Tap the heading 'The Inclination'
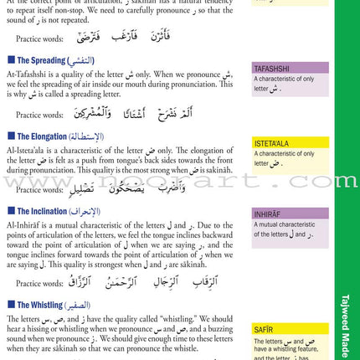tap(46, 211)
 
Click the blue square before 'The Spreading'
tap(10, 61)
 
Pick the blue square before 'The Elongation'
tap(10, 136)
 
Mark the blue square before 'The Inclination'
tap(10, 211)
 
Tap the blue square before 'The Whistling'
tap(10, 306)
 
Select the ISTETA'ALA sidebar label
tap(273, 143)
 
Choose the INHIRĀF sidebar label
tap(268, 214)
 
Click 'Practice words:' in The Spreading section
tap(39, 115)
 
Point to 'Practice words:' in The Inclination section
tap(39, 284)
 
